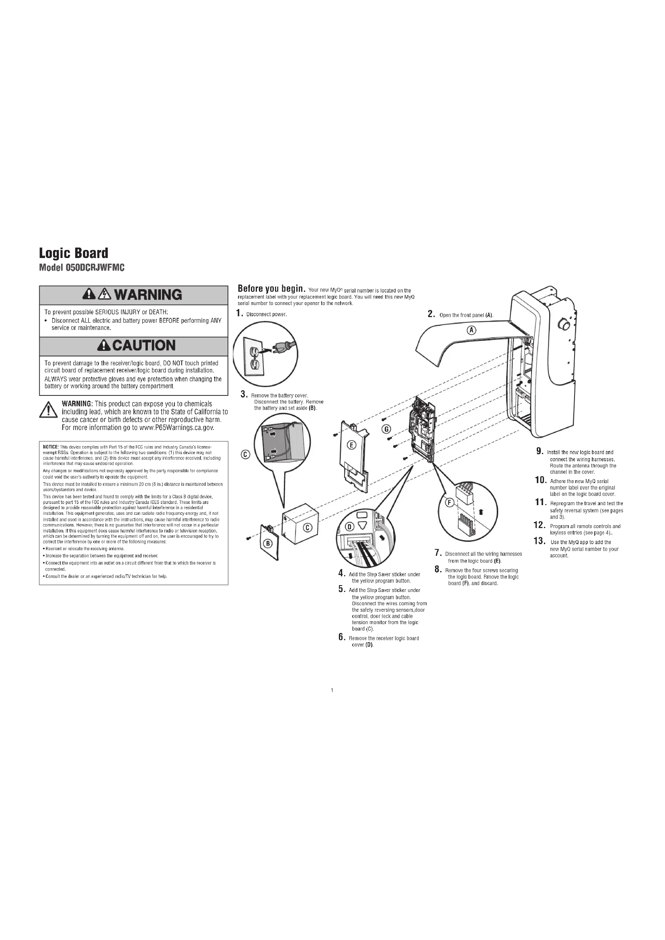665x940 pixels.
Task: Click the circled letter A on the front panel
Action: (x=471, y=330)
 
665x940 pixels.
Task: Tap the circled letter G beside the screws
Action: (x=386, y=429)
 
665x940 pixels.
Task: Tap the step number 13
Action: (x=540, y=541)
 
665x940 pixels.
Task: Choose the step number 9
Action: (x=540, y=451)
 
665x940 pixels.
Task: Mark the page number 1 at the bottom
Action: (x=332, y=690)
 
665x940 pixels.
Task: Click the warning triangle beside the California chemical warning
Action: (x=48, y=410)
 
